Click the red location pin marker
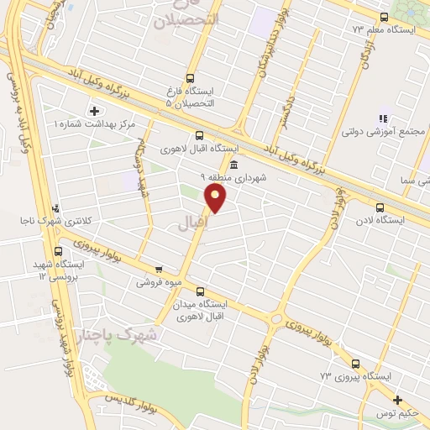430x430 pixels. coord(217,198)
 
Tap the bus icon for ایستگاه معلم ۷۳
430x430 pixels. coord(384,17)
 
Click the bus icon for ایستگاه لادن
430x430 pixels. coord(380,207)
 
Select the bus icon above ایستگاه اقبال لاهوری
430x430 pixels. coord(199,135)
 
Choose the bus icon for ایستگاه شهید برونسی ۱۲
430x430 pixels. coord(59,250)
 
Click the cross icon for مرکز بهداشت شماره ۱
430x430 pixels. coord(94,111)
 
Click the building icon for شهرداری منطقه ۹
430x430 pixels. coord(233,165)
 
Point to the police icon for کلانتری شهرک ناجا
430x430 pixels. coord(55,207)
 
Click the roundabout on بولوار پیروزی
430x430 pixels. coord(277,318)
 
